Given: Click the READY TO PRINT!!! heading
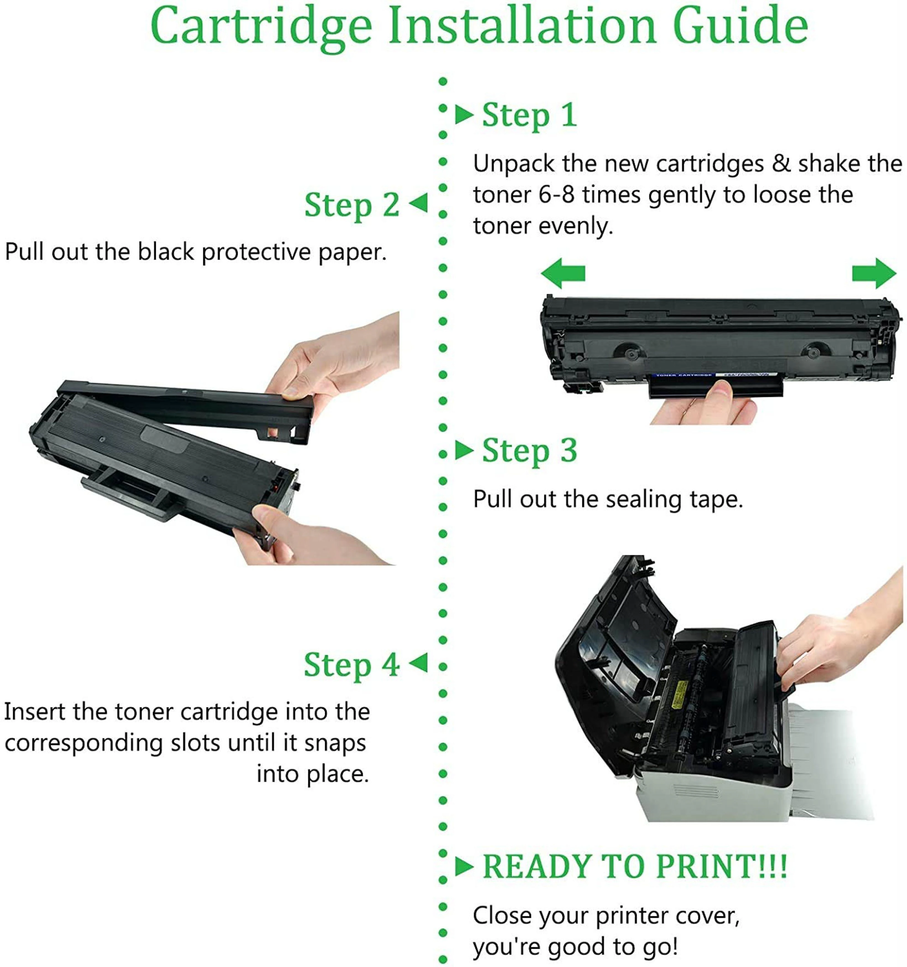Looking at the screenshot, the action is click(x=635, y=867).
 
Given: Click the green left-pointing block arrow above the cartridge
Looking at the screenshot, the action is click(x=563, y=273).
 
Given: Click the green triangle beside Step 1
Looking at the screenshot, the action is click(x=464, y=115).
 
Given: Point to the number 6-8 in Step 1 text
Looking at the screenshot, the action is click(x=556, y=195).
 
